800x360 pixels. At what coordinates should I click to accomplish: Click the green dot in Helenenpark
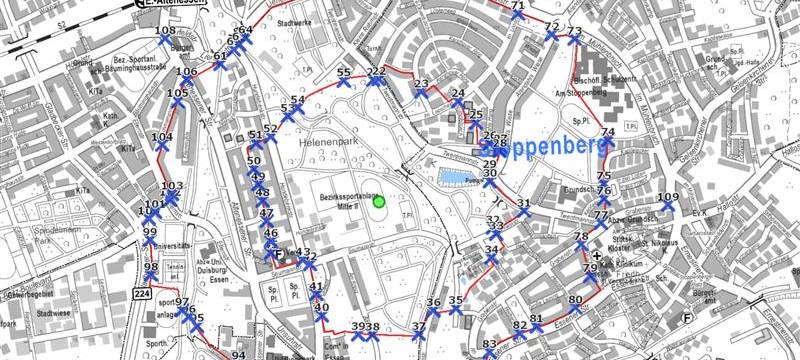(x=378, y=202)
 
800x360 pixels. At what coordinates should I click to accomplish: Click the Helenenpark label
(x=327, y=143)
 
